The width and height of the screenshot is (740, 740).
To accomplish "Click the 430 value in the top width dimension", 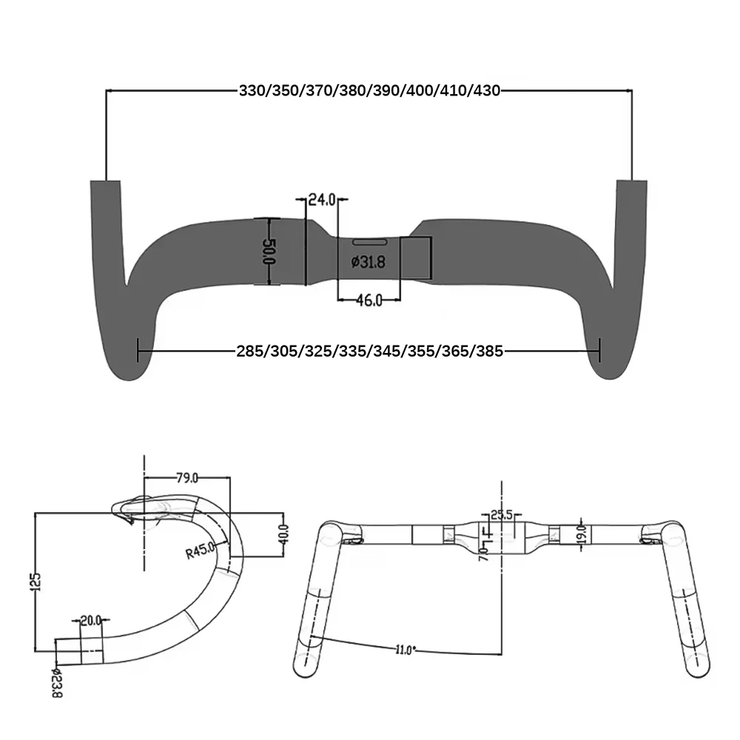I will [x=486, y=91].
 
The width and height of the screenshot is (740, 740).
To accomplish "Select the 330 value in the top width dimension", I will [x=252, y=91].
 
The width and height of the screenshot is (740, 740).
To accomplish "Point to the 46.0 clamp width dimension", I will [x=369, y=300].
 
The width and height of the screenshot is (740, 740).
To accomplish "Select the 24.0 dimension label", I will [x=322, y=199].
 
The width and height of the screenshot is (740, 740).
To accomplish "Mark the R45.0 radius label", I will [x=200, y=551].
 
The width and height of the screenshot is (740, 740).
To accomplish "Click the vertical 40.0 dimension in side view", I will [x=283, y=534].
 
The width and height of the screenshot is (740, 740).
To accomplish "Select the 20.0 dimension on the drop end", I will [x=91, y=620].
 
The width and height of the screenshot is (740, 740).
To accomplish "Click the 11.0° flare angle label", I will [x=405, y=650].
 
